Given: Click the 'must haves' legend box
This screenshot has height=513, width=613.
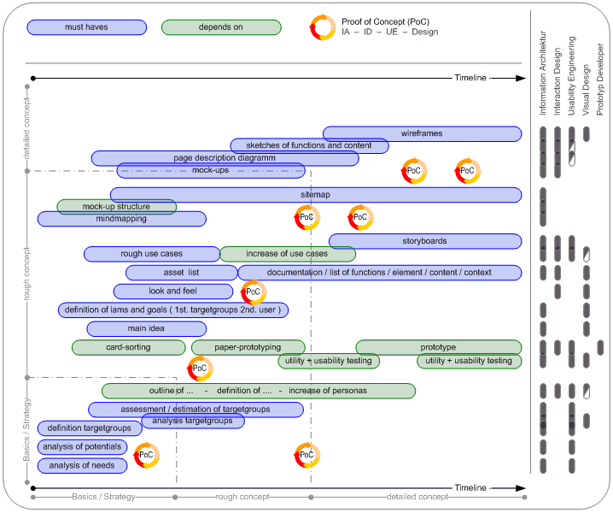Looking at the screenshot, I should [x=86, y=27].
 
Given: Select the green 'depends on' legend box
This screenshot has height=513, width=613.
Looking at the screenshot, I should [x=221, y=27].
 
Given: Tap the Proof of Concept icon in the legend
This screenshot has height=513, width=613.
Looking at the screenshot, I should [x=322, y=27].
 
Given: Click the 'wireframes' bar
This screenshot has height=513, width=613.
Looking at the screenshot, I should [x=422, y=133].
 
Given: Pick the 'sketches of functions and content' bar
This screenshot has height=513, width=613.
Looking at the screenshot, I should [x=309, y=146].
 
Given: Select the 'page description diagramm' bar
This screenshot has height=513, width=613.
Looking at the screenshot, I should [x=225, y=158].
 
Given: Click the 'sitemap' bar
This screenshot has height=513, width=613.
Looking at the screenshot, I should [x=315, y=195].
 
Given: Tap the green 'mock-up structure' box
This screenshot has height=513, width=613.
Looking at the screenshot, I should [x=116, y=207].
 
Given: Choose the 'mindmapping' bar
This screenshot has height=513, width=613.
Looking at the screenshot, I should [x=121, y=219].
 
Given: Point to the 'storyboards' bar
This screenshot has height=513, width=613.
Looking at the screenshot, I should [x=424, y=241].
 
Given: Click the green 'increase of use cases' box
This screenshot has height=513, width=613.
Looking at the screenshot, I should [x=287, y=254].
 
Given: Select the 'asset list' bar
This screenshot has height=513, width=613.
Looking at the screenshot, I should [x=181, y=273].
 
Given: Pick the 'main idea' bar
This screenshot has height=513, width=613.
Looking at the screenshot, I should [x=146, y=328].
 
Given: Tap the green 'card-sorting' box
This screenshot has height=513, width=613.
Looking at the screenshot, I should [x=128, y=347].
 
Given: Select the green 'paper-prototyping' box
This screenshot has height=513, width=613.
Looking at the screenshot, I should [x=248, y=347].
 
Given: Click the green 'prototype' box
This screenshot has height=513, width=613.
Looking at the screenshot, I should [x=438, y=347].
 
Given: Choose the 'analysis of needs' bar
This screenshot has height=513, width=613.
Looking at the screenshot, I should [x=82, y=465].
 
